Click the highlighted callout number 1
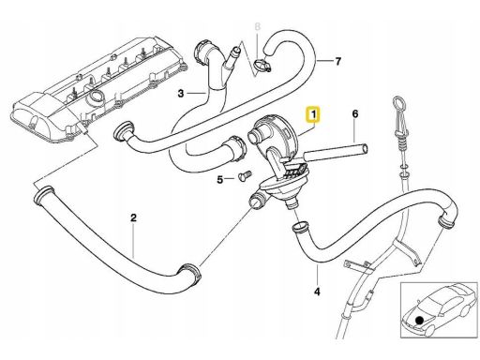(x=314, y=114)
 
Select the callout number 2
(x=133, y=217)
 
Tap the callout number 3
(x=181, y=93)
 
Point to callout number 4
(x=317, y=292)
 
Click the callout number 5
(x=220, y=180)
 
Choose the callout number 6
(x=355, y=114)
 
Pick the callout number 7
(x=337, y=61)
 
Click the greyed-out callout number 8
(x=257, y=27)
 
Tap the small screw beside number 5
(x=244, y=174)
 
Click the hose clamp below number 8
(x=262, y=66)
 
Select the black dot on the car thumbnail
(x=419, y=320)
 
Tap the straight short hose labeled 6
(x=336, y=152)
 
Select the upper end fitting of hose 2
(x=43, y=196)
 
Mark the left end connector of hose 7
(x=123, y=132)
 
